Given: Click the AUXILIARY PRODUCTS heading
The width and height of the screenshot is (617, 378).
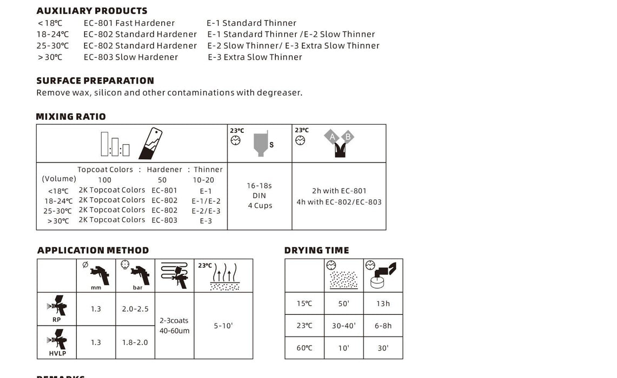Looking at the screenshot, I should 92,11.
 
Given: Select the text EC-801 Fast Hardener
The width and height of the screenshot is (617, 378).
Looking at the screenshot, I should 129,23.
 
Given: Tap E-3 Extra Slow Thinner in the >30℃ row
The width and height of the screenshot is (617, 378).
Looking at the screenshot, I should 255,57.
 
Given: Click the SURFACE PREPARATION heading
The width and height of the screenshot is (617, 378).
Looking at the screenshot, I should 95,81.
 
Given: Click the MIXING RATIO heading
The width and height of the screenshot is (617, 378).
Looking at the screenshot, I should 71,117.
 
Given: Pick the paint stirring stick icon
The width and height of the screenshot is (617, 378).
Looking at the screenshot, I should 151,144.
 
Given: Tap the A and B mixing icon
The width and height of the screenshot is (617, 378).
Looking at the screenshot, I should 339,143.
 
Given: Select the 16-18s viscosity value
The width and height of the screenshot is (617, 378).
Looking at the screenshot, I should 259,186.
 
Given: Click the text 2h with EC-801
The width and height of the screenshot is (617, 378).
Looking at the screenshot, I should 339,191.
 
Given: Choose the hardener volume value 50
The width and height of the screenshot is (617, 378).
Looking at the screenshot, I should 162,180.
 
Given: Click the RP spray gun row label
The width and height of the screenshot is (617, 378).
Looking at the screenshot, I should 57,309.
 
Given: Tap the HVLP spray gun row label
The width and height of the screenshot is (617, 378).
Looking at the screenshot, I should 57,343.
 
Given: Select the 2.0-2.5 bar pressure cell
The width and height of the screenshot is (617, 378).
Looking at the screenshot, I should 135,309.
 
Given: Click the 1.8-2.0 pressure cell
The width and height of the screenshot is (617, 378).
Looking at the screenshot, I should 135,342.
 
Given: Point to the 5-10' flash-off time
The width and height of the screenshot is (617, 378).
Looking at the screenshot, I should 223,326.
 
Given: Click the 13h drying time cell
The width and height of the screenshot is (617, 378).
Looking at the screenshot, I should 383,303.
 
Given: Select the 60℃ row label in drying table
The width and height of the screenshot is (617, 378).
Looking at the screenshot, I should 304,348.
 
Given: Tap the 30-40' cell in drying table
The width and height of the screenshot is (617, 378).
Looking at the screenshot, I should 343,326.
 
